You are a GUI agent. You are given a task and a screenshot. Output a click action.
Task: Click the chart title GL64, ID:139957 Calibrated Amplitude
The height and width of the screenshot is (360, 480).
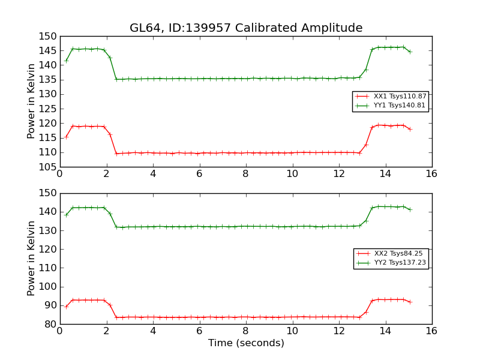pyautogui.click(x=246, y=28)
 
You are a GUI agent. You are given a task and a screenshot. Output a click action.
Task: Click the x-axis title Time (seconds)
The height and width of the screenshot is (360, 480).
pyautogui.click(x=246, y=343)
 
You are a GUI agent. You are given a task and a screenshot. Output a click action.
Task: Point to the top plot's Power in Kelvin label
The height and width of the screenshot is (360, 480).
pyautogui.click(x=31, y=101)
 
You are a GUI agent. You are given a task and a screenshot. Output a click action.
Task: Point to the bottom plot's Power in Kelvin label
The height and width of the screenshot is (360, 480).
pyautogui.click(x=31, y=259)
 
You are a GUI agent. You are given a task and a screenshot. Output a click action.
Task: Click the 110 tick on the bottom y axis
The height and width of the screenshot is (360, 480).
pyautogui.click(x=49, y=268)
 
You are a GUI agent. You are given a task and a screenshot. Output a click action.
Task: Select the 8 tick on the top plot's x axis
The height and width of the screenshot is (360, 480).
pyautogui.click(x=245, y=174)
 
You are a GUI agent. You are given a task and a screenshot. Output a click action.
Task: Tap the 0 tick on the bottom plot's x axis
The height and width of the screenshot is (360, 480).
pyautogui.click(x=59, y=331)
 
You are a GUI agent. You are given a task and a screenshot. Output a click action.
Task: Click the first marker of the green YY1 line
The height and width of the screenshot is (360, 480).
pyautogui.click(x=66, y=60)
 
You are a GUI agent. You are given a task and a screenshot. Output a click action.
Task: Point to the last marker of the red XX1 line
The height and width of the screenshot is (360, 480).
pyautogui.click(x=410, y=129)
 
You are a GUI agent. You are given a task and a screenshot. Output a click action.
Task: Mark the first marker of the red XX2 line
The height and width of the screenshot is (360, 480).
pyautogui.click(x=66, y=307)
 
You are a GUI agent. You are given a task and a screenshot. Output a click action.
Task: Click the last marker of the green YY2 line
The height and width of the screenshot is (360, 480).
pyautogui.click(x=410, y=209)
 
